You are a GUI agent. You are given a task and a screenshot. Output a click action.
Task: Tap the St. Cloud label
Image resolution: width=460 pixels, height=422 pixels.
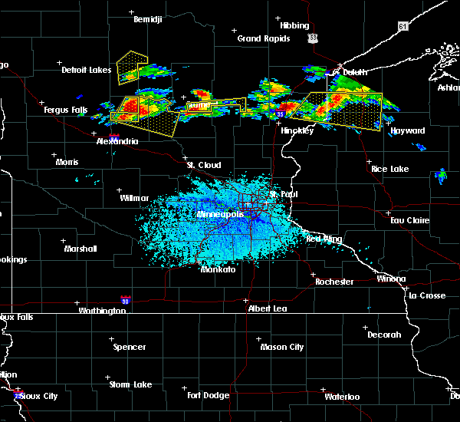pyautogui.click(x=205, y=165)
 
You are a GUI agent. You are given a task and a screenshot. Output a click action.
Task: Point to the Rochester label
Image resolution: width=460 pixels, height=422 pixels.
pyautogui.click(x=334, y=282)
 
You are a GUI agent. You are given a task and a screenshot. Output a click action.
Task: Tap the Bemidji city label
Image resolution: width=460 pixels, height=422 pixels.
pyautogui.click(x=148, y=19)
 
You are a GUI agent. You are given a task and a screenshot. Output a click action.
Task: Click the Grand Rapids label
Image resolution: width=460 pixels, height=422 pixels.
pyautogui.click(x=263, y=38)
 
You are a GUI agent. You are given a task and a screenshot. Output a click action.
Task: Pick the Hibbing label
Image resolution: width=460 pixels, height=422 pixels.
pyautogui.click(x=294, y=25)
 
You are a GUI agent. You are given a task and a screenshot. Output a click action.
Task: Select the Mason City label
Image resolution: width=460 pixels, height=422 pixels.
pyautogui.click(x=282, y=347)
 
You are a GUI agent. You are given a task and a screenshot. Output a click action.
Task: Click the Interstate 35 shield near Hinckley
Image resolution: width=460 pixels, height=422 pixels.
pyautogui.click(x=281, y=114)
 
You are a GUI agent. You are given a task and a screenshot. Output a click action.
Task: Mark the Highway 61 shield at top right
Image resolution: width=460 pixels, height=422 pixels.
pyautogui.click(x=403, y=26)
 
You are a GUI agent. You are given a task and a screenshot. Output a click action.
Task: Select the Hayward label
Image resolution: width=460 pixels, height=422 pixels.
pyautogui.click(x=408, y=131)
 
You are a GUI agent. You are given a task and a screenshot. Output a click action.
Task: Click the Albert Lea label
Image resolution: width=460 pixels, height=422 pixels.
pyautogui.click(x=268, y=308)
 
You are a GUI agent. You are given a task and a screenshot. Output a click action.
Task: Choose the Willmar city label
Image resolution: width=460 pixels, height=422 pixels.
pyautogui.click(x=134, y=198)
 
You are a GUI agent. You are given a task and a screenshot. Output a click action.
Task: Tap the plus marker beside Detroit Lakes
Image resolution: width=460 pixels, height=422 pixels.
pyautogui.click(x=60, y=62)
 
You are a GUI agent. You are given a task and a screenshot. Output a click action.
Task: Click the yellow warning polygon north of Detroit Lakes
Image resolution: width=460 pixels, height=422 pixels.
pyautogui.click(x=130, y=67)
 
